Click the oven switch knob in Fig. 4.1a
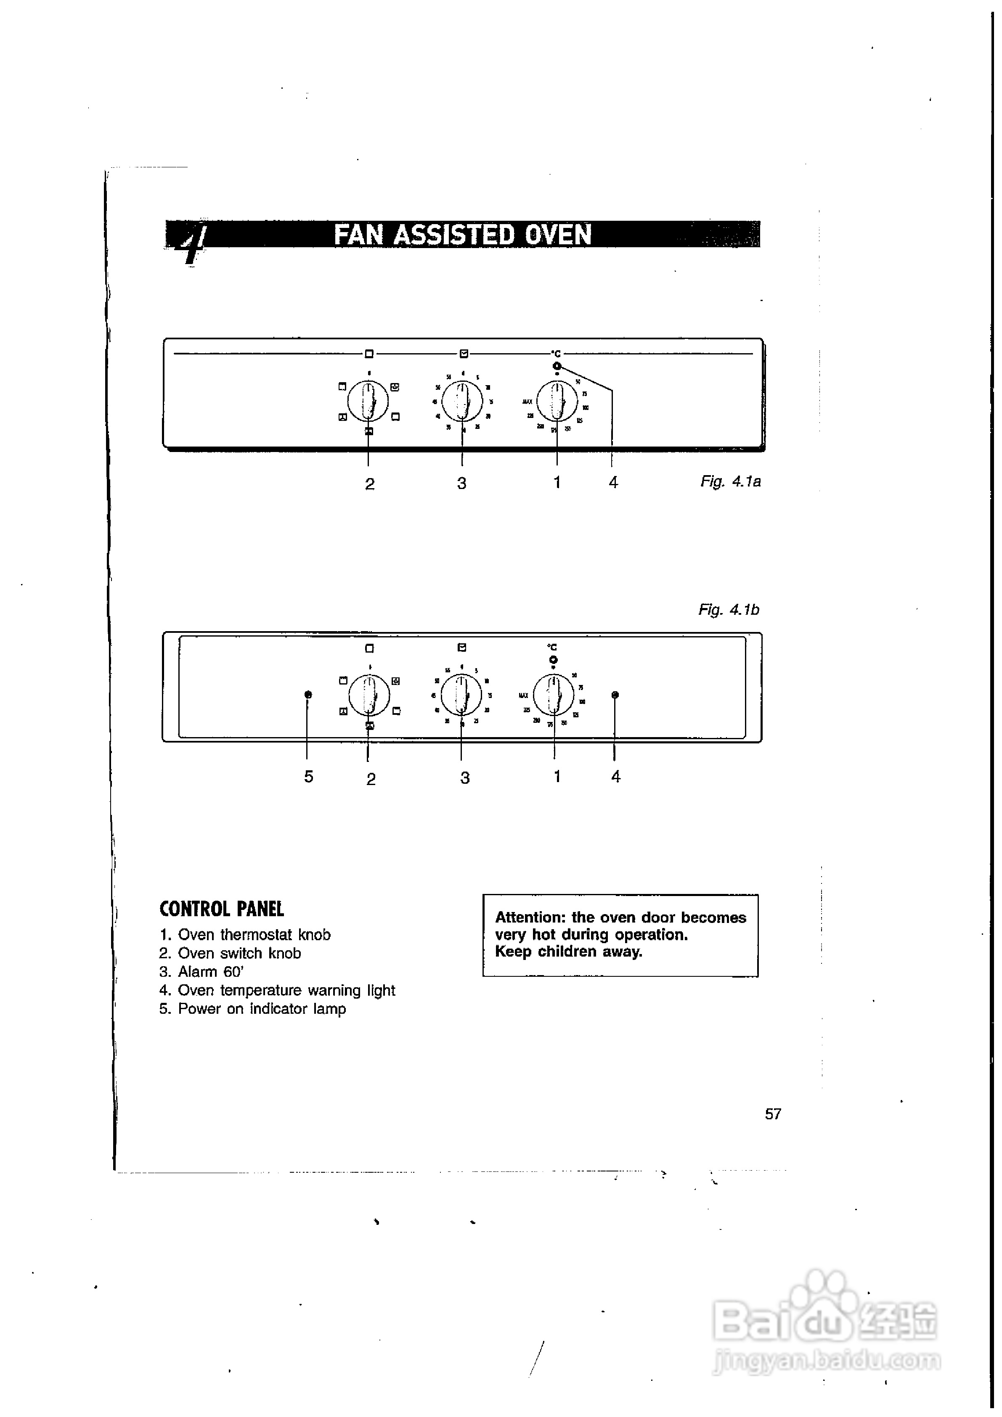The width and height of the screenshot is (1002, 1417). [x=368, y=401]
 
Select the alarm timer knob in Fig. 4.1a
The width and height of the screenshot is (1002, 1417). [x=462, y=401]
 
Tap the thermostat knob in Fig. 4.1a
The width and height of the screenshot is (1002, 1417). [x=557, y=401]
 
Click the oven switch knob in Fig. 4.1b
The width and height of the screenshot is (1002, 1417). [x=369, y=695]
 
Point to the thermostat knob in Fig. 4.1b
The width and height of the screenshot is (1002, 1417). [x=554, y=695]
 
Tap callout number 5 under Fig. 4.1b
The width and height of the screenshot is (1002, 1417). [x=309, y=776]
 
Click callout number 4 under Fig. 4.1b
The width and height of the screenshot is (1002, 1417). [x=615, y=776]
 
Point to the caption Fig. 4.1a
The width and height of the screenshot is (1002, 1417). [x=730, y=481]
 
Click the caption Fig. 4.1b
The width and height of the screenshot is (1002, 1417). [x=729, y=610]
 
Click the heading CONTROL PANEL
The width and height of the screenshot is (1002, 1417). [x=222, y=909]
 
